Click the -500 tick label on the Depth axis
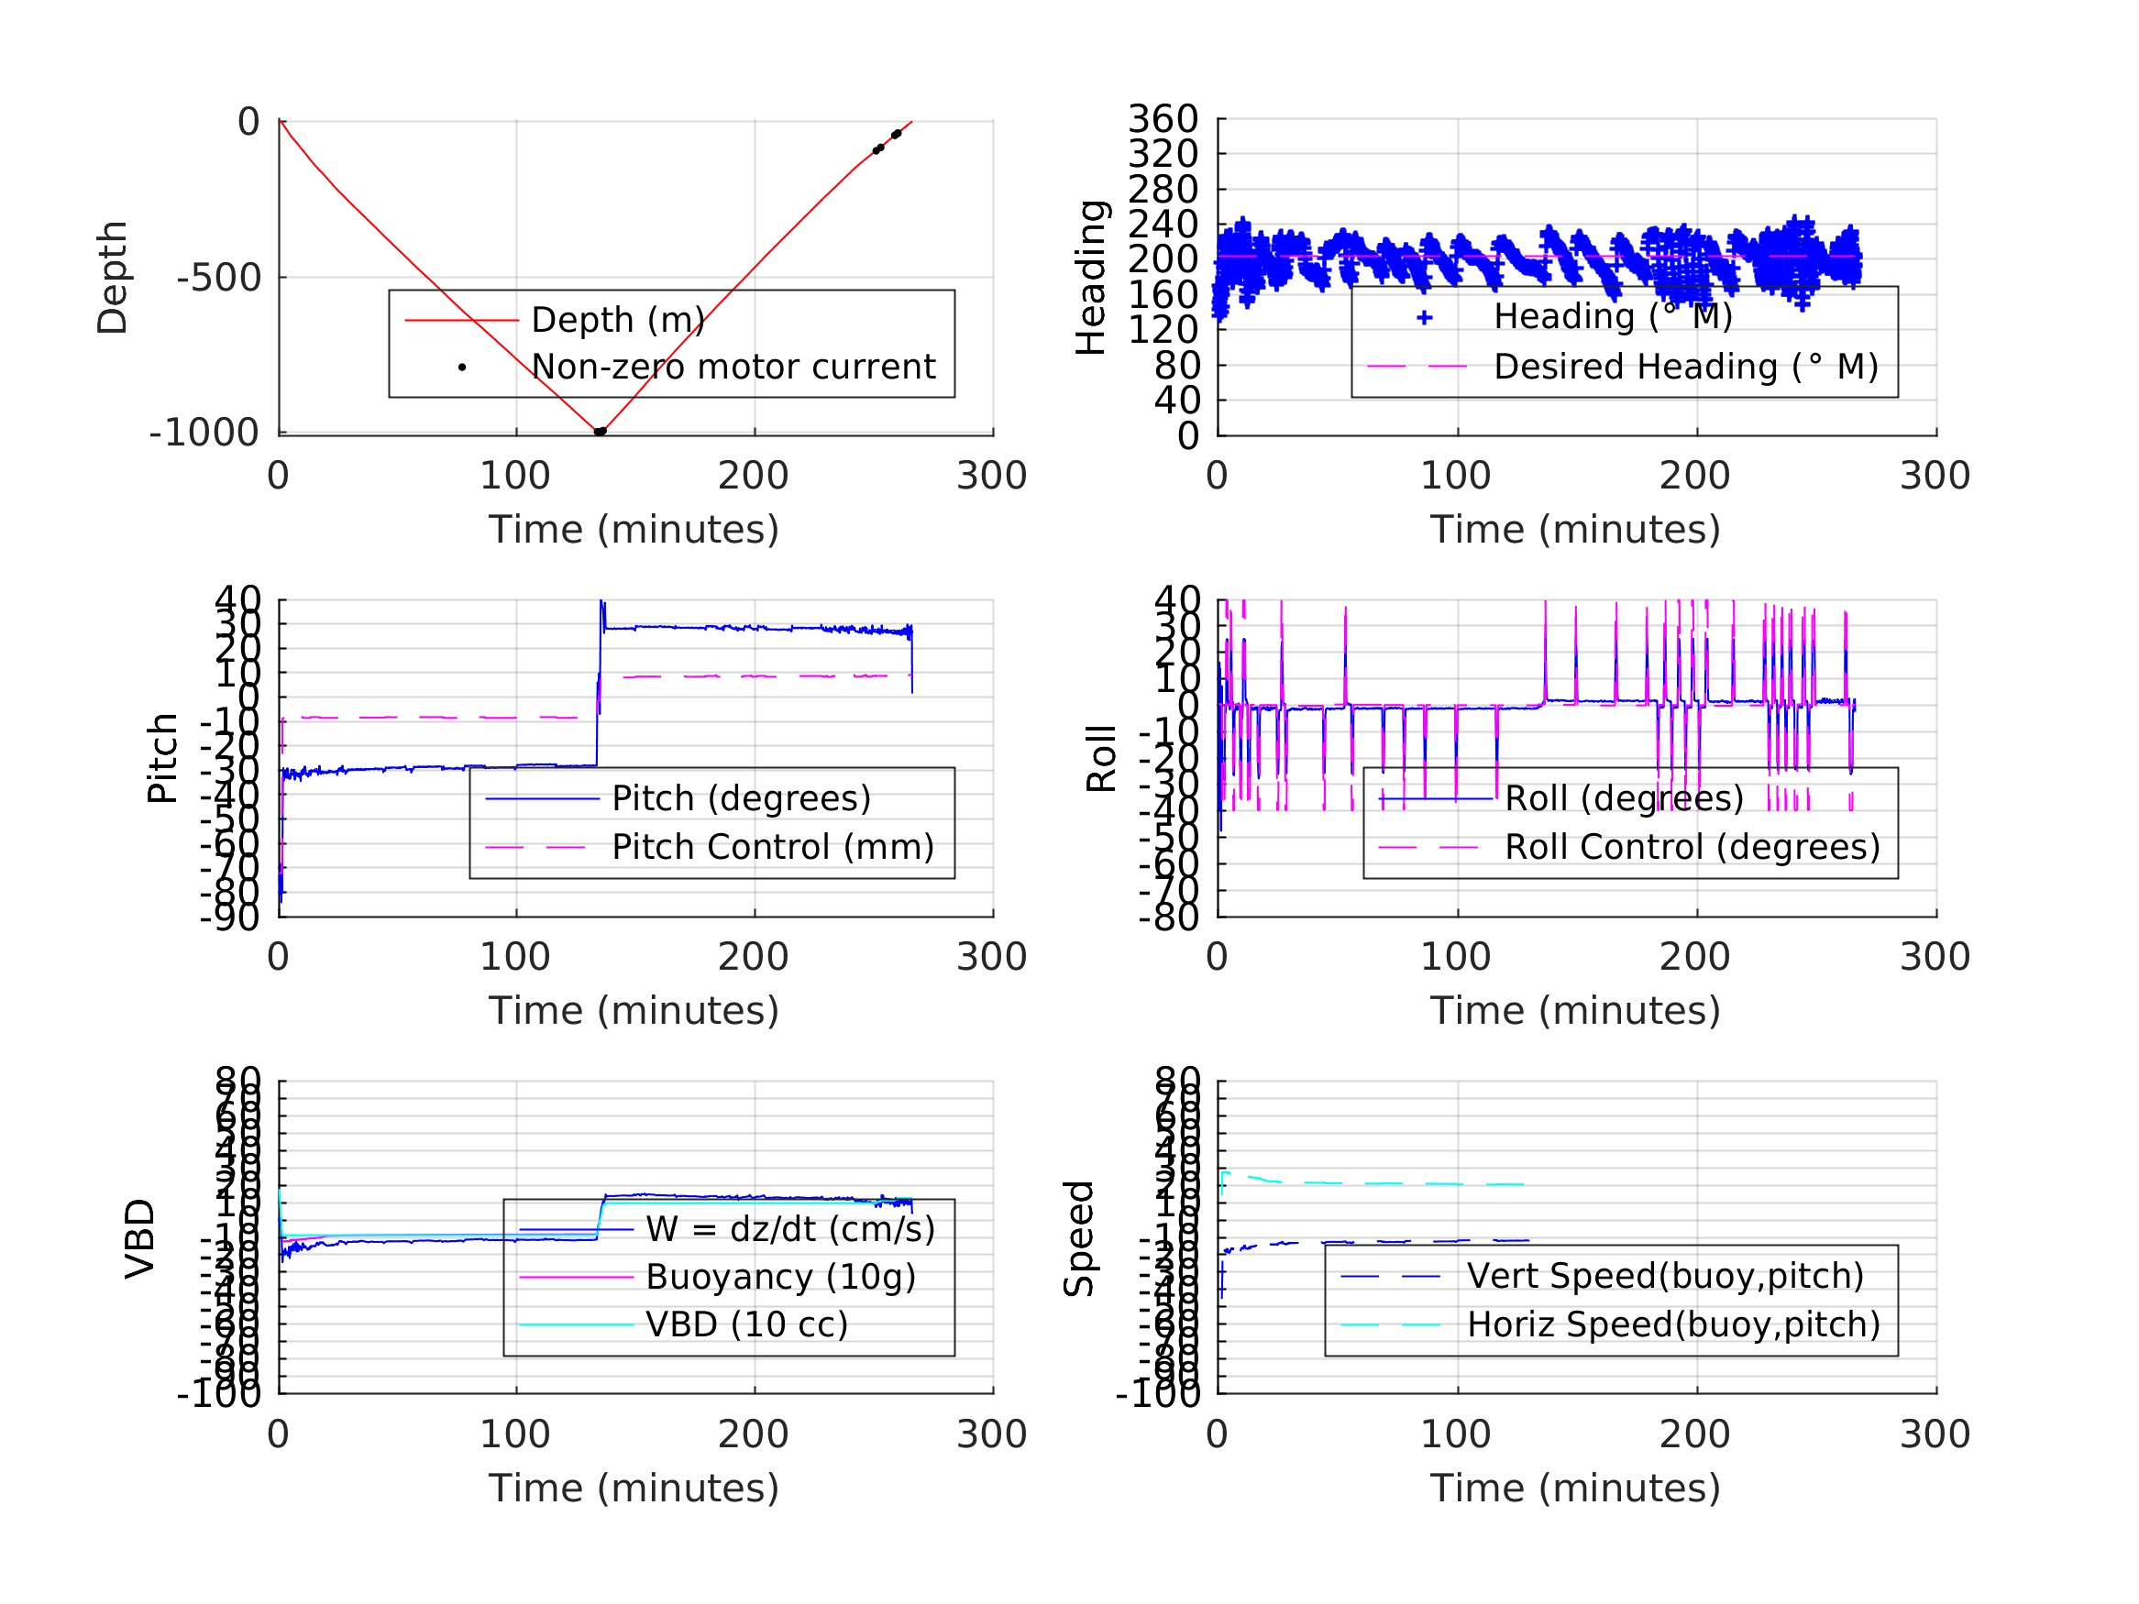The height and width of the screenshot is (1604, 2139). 218,279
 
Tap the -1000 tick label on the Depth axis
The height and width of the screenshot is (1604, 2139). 204,434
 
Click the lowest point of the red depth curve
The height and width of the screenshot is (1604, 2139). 600,431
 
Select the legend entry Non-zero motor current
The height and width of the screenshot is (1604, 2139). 733,368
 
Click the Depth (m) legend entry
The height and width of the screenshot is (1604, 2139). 618,320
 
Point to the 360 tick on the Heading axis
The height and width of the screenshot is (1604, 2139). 1163,119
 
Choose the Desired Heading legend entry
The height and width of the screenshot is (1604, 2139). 1685,368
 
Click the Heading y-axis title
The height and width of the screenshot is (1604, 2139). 1091,278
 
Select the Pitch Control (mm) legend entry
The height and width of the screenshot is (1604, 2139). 773,847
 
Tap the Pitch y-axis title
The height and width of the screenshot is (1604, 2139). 162,758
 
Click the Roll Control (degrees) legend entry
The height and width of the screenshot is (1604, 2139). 1692,847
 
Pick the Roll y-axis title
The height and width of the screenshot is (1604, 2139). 1101,759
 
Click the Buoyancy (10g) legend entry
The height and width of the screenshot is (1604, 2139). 780,1277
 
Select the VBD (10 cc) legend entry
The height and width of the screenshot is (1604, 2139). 746,1324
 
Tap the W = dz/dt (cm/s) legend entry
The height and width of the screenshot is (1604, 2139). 790,1230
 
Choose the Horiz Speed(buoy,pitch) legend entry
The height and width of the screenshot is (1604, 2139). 1673,1324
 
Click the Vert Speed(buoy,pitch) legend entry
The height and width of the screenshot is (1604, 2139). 1665,1276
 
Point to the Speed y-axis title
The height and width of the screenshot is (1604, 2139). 1079,1238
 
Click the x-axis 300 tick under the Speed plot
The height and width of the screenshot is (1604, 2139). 1935,1434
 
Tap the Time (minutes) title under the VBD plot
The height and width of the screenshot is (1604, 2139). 634,1488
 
